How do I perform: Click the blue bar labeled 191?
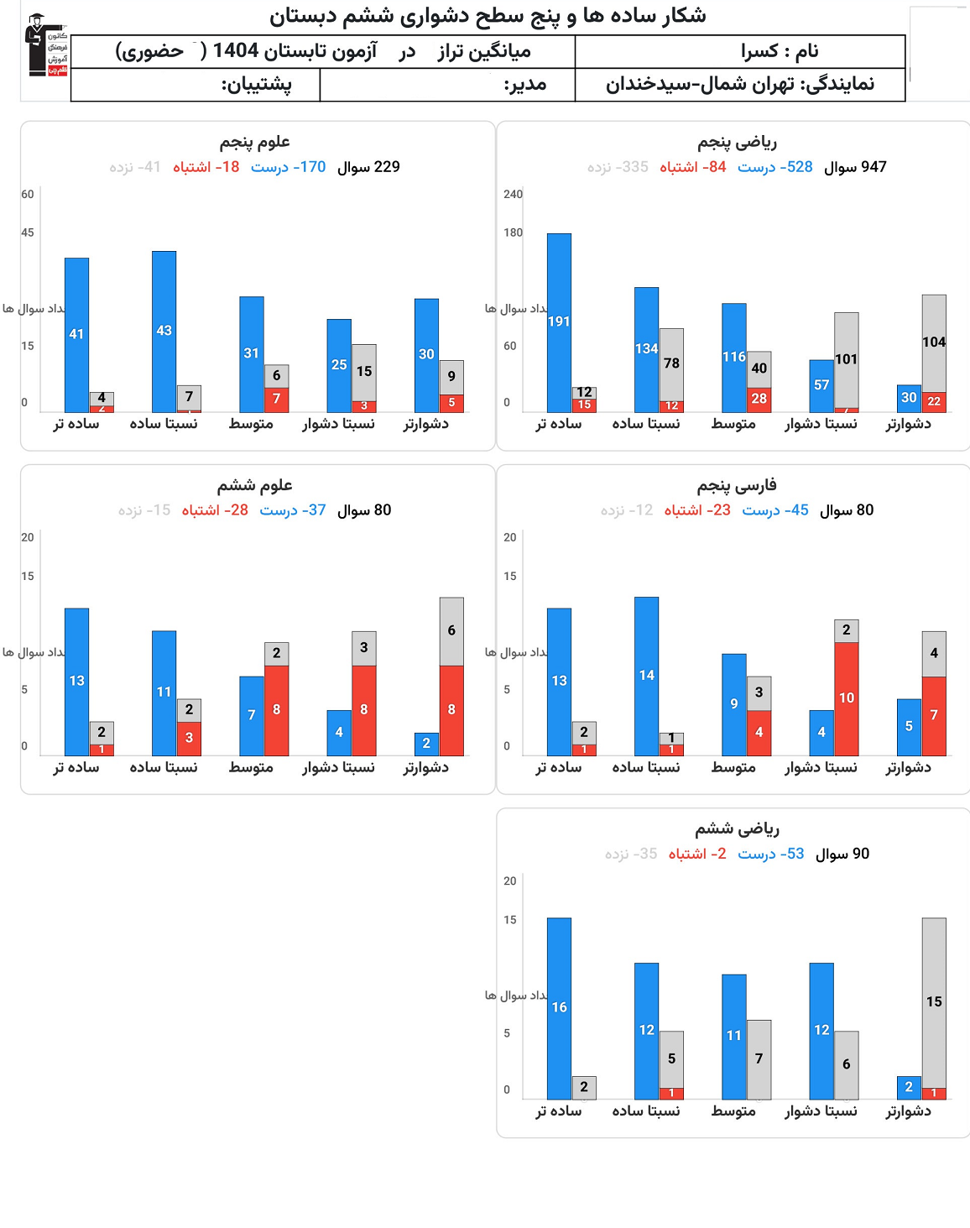point(559,322)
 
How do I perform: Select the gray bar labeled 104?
point(934,342)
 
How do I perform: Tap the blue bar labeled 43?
point(164,331)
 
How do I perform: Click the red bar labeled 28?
point(759,400)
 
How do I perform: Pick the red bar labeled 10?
point(846,698)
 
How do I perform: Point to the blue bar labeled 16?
point(559,1007)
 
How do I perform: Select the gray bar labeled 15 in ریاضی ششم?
point(934,1002)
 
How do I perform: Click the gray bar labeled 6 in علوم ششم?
point(451,631)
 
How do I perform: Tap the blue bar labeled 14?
point(646,676)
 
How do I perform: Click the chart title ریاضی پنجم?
point(737,142)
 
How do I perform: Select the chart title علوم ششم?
point(254,485)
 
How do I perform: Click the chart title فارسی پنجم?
point(736,485)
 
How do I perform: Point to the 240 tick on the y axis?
point(513,195)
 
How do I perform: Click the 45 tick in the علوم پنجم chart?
point(28,233)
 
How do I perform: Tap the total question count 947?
point(873,167)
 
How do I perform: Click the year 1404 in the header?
point(236,51)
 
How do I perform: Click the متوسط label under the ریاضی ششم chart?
point(733,1110)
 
